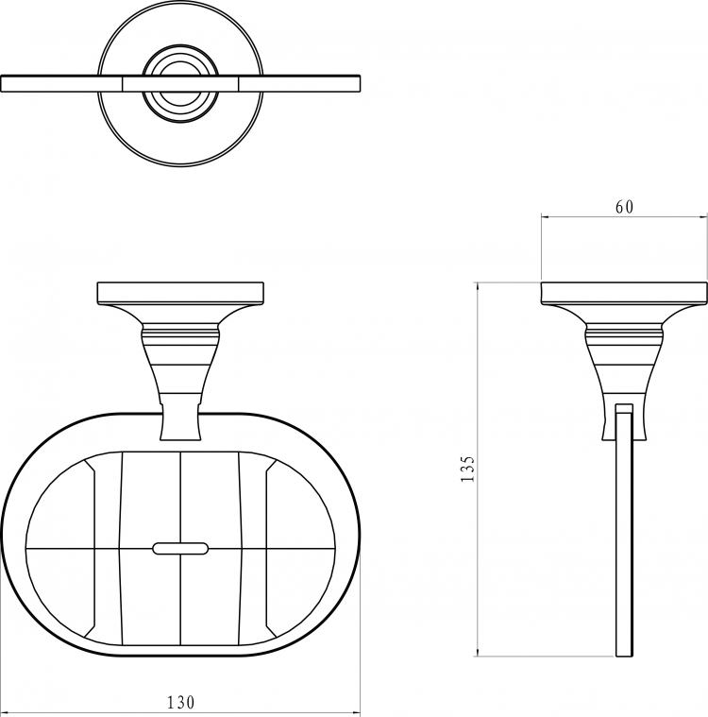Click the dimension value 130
[180, 702]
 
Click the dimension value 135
[467, 469]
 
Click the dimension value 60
[624, 207]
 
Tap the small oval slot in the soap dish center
[180, 548]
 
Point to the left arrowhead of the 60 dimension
[546, 217]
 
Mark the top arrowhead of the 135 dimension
[478, 287]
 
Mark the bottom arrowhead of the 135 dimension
[478, 652]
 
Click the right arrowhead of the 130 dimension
[356, 712]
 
